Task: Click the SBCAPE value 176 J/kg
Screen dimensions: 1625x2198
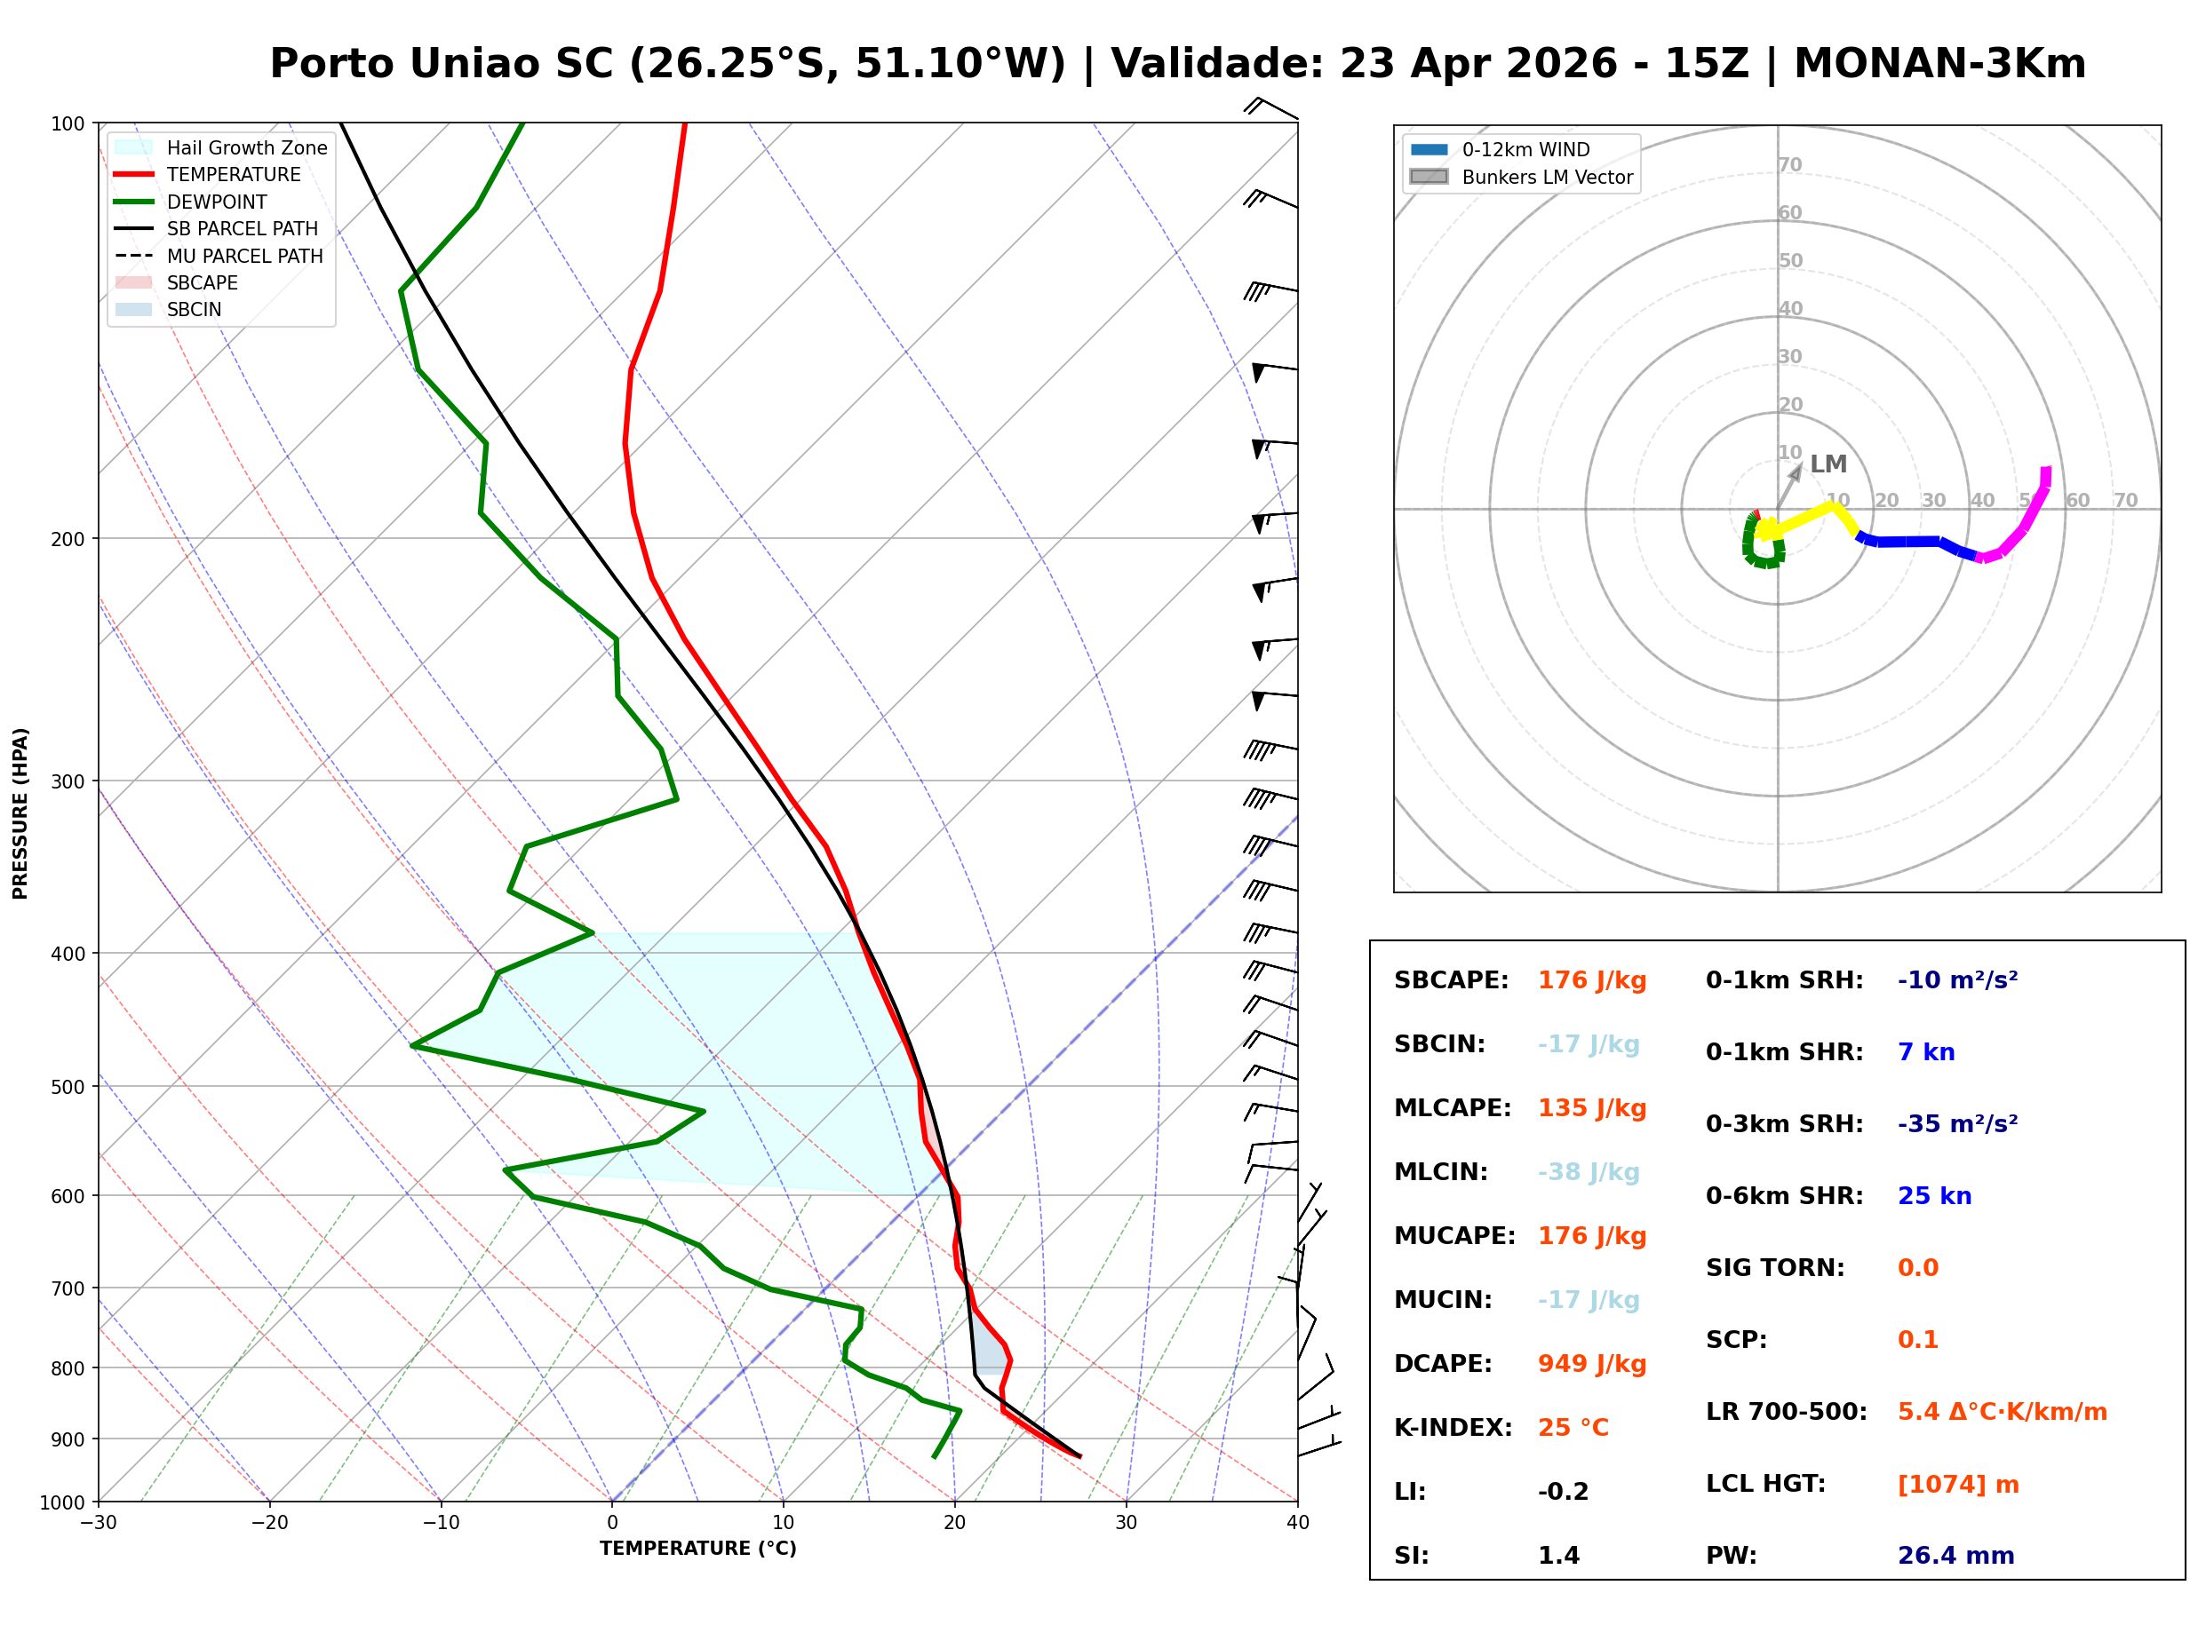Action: coord(1591,980)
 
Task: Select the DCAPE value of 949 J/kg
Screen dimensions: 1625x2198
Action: coord(1591,1364)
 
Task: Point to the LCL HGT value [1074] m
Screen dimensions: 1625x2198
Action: coord(1957,1485)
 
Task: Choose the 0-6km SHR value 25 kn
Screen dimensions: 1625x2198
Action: coord(1933,1196)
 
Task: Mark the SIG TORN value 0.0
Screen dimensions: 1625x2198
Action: coord(1916,1268)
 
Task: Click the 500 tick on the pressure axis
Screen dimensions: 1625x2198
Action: coord(68,1087)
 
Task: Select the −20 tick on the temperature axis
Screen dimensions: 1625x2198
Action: coord(268,1523)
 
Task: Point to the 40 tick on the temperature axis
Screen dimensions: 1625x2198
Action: coord(1297,1523)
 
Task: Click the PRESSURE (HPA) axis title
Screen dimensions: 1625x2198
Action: coord(20,813)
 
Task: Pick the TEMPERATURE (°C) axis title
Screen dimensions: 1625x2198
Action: coord(697,1550)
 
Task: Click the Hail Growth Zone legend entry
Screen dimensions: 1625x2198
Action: coord(246,147)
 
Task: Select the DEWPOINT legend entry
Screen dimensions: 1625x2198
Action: coord(217,202)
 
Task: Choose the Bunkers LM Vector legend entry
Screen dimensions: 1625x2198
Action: coord(1546,177)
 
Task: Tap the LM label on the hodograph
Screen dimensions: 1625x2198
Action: coord(1828,464)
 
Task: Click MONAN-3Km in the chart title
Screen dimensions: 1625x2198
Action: coord(1939,64)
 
